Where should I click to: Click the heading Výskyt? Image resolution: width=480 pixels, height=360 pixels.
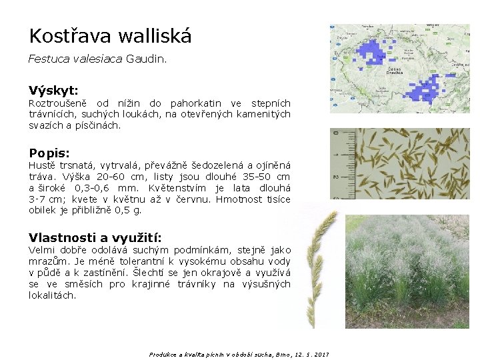(53, 90)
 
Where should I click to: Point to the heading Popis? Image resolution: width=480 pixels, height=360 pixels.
(49, 153)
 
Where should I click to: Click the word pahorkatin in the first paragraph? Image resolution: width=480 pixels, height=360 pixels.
(196, 103)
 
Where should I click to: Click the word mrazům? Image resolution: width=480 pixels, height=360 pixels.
(46, 262)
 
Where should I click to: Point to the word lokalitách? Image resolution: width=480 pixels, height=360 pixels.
(52, 295)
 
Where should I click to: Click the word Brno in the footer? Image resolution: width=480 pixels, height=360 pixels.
(273, 355)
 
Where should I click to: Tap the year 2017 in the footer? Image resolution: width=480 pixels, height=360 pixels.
(322, 355)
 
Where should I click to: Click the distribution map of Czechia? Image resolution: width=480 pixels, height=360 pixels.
(404, 69)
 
